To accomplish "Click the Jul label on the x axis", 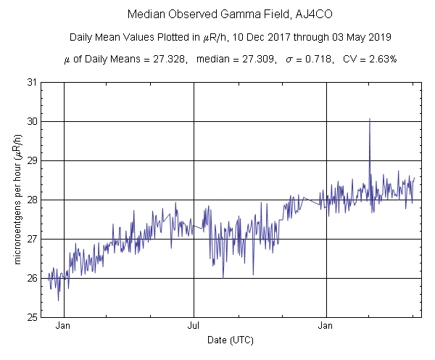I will (194, 326).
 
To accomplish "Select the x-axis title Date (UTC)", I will (230, 340).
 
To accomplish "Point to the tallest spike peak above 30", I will (370, 118).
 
